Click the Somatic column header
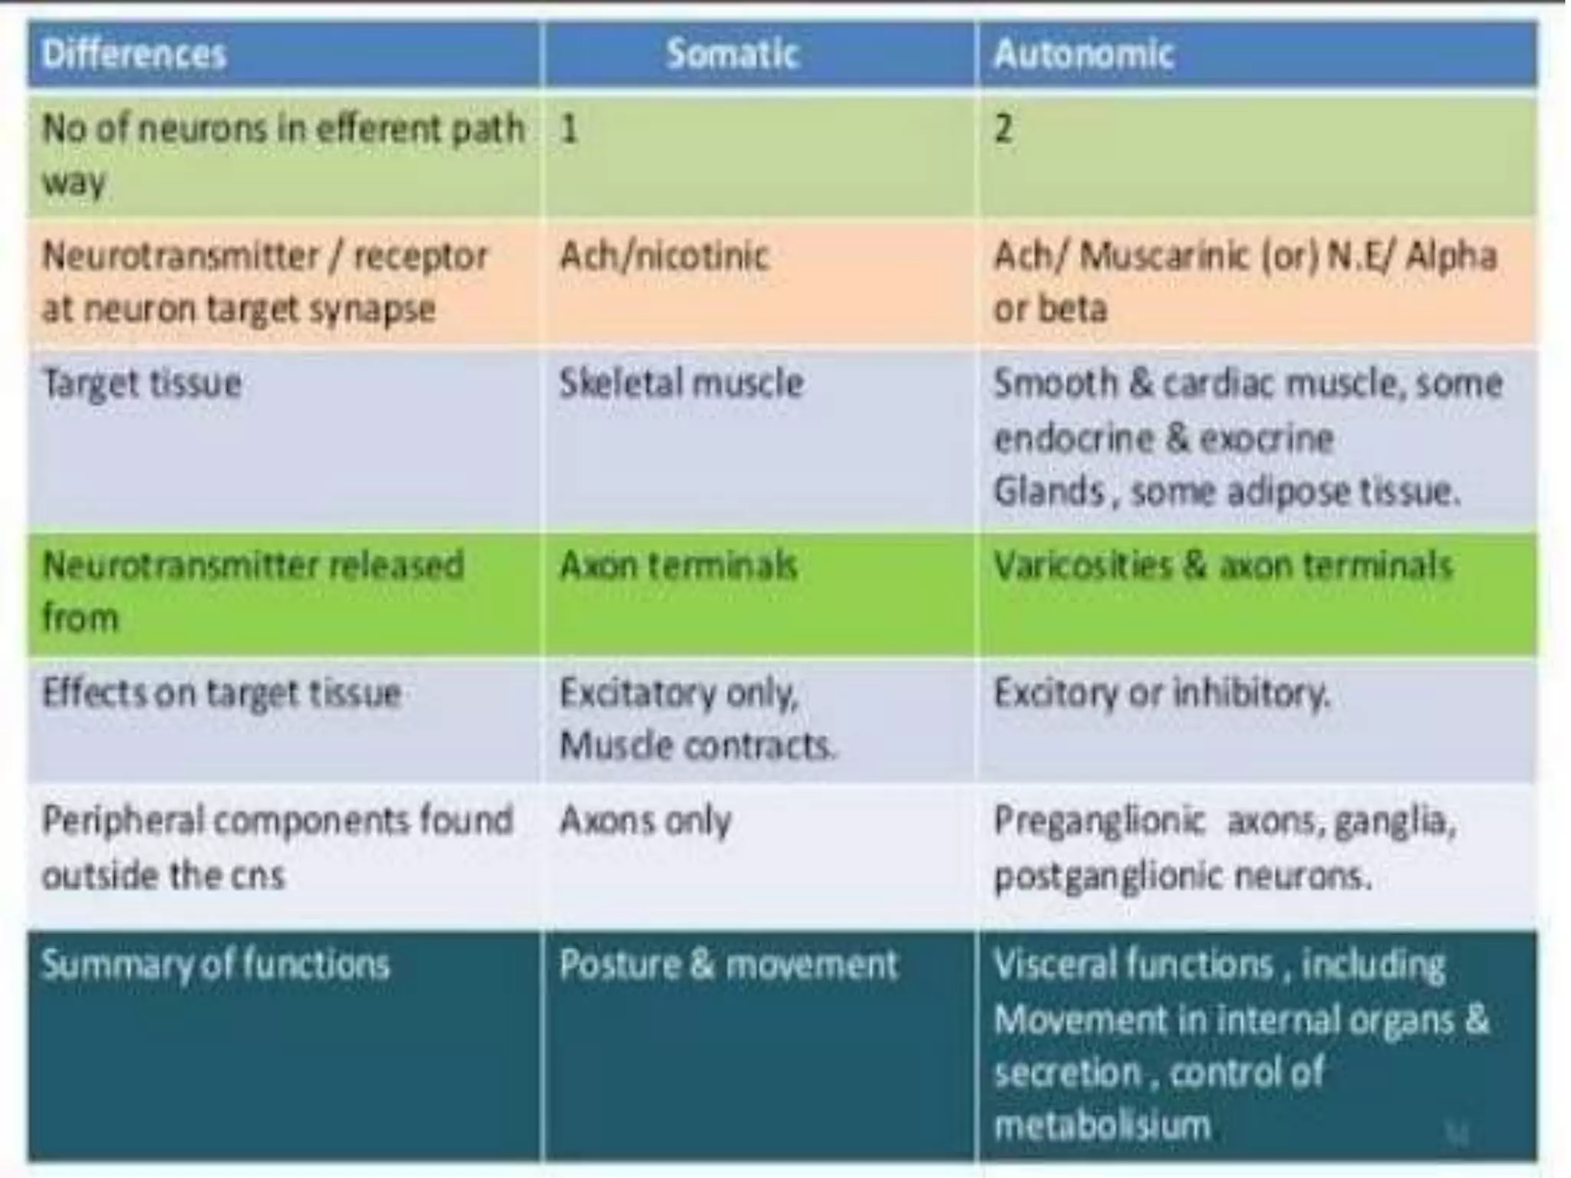click(733, 54)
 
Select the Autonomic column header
click(1083, 54)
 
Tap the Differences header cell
click(134, 54)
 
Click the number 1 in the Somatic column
click(568, 128)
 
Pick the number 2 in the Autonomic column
click(1003, 128)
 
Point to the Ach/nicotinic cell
click(664, 255)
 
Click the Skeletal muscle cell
click(681, 383)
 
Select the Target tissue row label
click(143, 383)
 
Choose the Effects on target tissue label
click(222, 693)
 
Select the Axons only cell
click(645, 821)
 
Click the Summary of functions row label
click(216, 964)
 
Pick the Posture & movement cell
click(728, 964)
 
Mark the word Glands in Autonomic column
click(1048, 491)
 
